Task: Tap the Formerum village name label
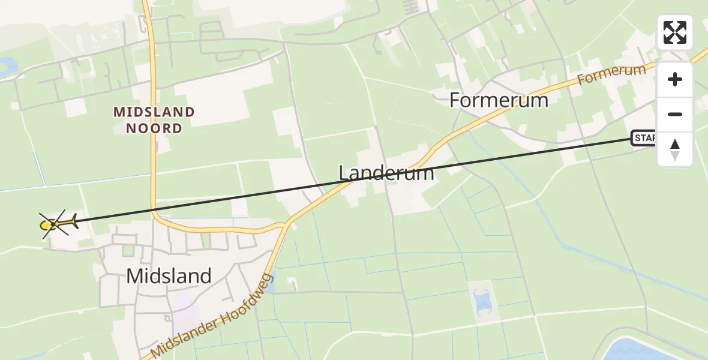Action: (499, 100)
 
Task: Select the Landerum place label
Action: (386, 173)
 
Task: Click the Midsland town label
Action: (169, 276)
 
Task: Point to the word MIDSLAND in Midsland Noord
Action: (154, 112)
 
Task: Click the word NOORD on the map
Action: (155, 128)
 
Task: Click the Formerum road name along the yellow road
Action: (612, 75)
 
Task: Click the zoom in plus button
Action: (675, 79)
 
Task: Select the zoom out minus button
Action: (675, 114)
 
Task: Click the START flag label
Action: (644, 139)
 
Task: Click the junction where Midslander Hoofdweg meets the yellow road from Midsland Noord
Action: (284, 226)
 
